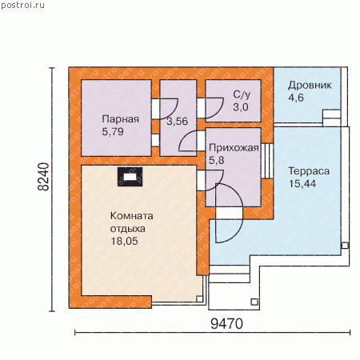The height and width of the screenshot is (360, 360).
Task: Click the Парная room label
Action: [x=121, y=119]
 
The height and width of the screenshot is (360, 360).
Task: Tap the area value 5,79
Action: [x=113, y=131]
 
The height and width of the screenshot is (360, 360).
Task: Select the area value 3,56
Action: [x=178, y=122]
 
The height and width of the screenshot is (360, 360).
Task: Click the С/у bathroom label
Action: [x=242, y=94]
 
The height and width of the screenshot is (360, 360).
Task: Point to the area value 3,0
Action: [x=241, y=107]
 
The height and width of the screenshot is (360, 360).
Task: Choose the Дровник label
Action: [x=310, y=86]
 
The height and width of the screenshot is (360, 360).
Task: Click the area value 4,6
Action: [x=296, y=98]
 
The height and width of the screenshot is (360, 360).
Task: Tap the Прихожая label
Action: [x=234, y=148]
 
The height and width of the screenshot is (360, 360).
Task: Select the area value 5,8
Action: [x=217, y=160]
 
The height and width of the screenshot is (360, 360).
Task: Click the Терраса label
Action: [x=309, y=171]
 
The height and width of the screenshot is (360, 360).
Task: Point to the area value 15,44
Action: [x=302, y=184]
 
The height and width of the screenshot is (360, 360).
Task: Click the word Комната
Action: [x=132, y=216]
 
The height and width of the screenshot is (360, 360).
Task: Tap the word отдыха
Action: [x=128, y=229]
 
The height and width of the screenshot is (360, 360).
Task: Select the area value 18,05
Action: [x=124, y=241]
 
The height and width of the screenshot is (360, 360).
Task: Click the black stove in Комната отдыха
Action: [x=130, y=177]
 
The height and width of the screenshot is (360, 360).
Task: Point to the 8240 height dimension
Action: [x=43, y=177]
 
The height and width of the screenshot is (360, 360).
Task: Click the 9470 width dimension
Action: [x=227, y=324]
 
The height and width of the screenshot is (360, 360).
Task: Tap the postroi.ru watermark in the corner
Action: [x=23, y=5]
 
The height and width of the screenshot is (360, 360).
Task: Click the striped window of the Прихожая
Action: [x=267, y=161]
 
